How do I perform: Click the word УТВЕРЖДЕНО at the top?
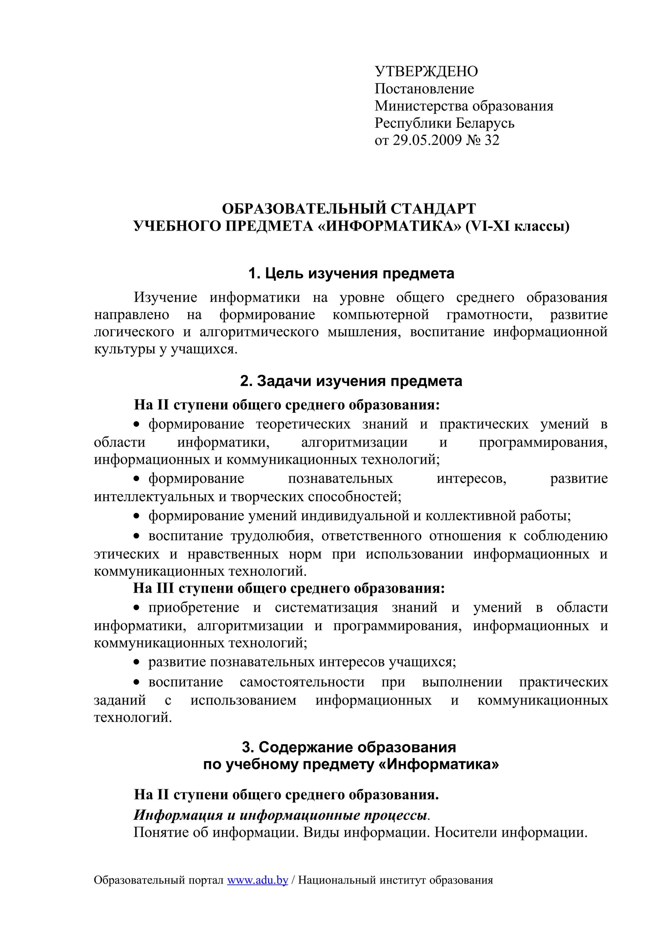coord(426,71)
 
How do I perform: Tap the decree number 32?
coord(492,140)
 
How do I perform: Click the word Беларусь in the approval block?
coord(485,123)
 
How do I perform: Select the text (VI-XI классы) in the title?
coord(517,226)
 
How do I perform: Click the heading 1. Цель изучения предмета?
coord(351,274)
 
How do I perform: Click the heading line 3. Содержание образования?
coord(349,747)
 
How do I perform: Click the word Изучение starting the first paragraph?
coord(165,297)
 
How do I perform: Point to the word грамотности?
coord(490,314)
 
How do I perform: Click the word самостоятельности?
coord(302,682)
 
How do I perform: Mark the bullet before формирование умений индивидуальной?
coord(137,516)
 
